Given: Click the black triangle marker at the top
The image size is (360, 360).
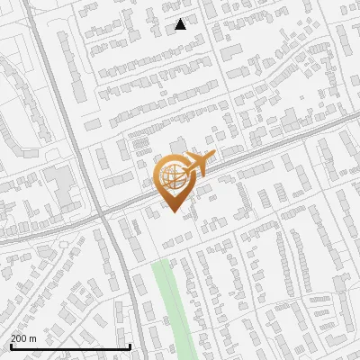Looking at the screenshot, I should click(x=180, y=24).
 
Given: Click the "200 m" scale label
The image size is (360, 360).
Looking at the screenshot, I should click(x=24, y=337).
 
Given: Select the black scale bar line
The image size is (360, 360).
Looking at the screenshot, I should click(x=70, y=346).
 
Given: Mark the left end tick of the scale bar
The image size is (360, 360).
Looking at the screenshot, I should click(x=11, y=345).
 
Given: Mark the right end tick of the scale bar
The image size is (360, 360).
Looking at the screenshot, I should click(x=130, y=345).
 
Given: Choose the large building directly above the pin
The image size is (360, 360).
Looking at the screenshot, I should click(x=177, y=145).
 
